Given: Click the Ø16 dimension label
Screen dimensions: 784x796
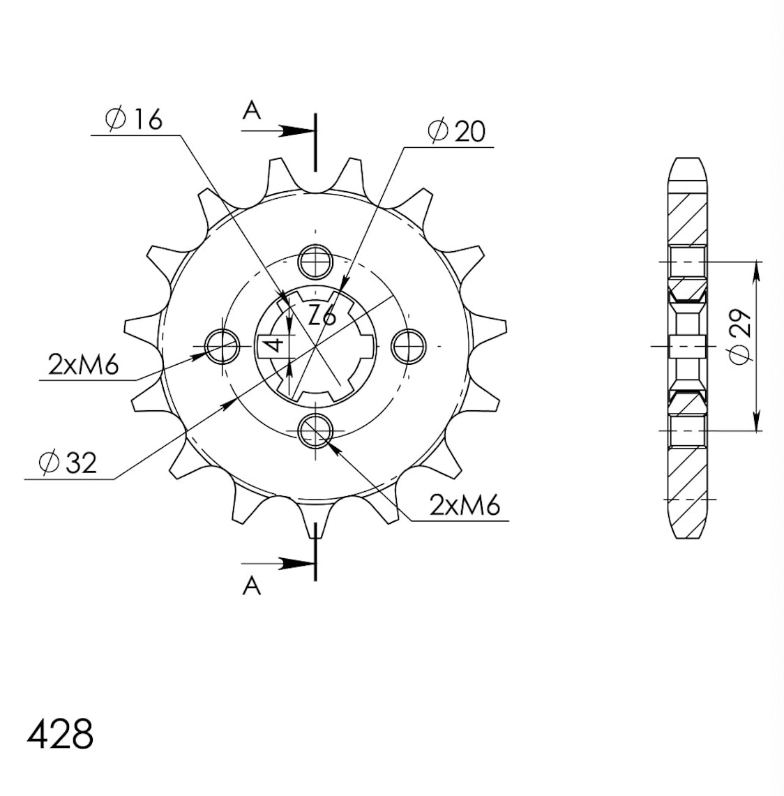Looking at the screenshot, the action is [x=133, y=120].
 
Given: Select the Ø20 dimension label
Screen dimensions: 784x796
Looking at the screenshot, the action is [x=456, y=131].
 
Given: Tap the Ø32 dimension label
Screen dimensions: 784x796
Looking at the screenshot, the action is [x=68, y=463].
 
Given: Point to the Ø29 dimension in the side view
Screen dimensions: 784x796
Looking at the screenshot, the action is [x=741, y=336].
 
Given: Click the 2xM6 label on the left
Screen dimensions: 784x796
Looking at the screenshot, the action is [x=83, y=364].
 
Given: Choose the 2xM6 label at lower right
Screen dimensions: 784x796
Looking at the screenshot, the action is [x=465, y=505].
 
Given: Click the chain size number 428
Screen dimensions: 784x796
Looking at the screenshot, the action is [x=60, y=733].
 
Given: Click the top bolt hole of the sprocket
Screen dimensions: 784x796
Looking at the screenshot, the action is [x=316, y=262].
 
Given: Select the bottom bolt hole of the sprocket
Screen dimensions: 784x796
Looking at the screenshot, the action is [x=316, y=431].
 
